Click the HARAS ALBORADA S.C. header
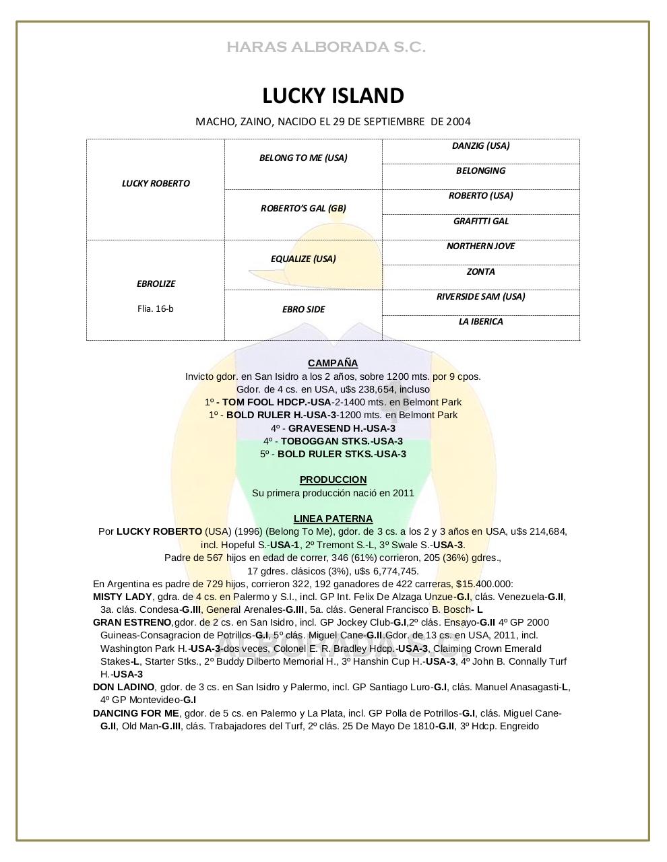point(326,47)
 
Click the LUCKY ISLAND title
point(333,96)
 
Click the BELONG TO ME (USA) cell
point(303,158)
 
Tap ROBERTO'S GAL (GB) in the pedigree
point(303,208)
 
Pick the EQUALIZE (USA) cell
point(303,259)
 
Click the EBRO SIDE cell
point(303,309)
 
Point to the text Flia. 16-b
point(155,308)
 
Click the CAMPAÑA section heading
point(333,363)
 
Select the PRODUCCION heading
point(333,479)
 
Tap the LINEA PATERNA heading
point(333,519)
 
